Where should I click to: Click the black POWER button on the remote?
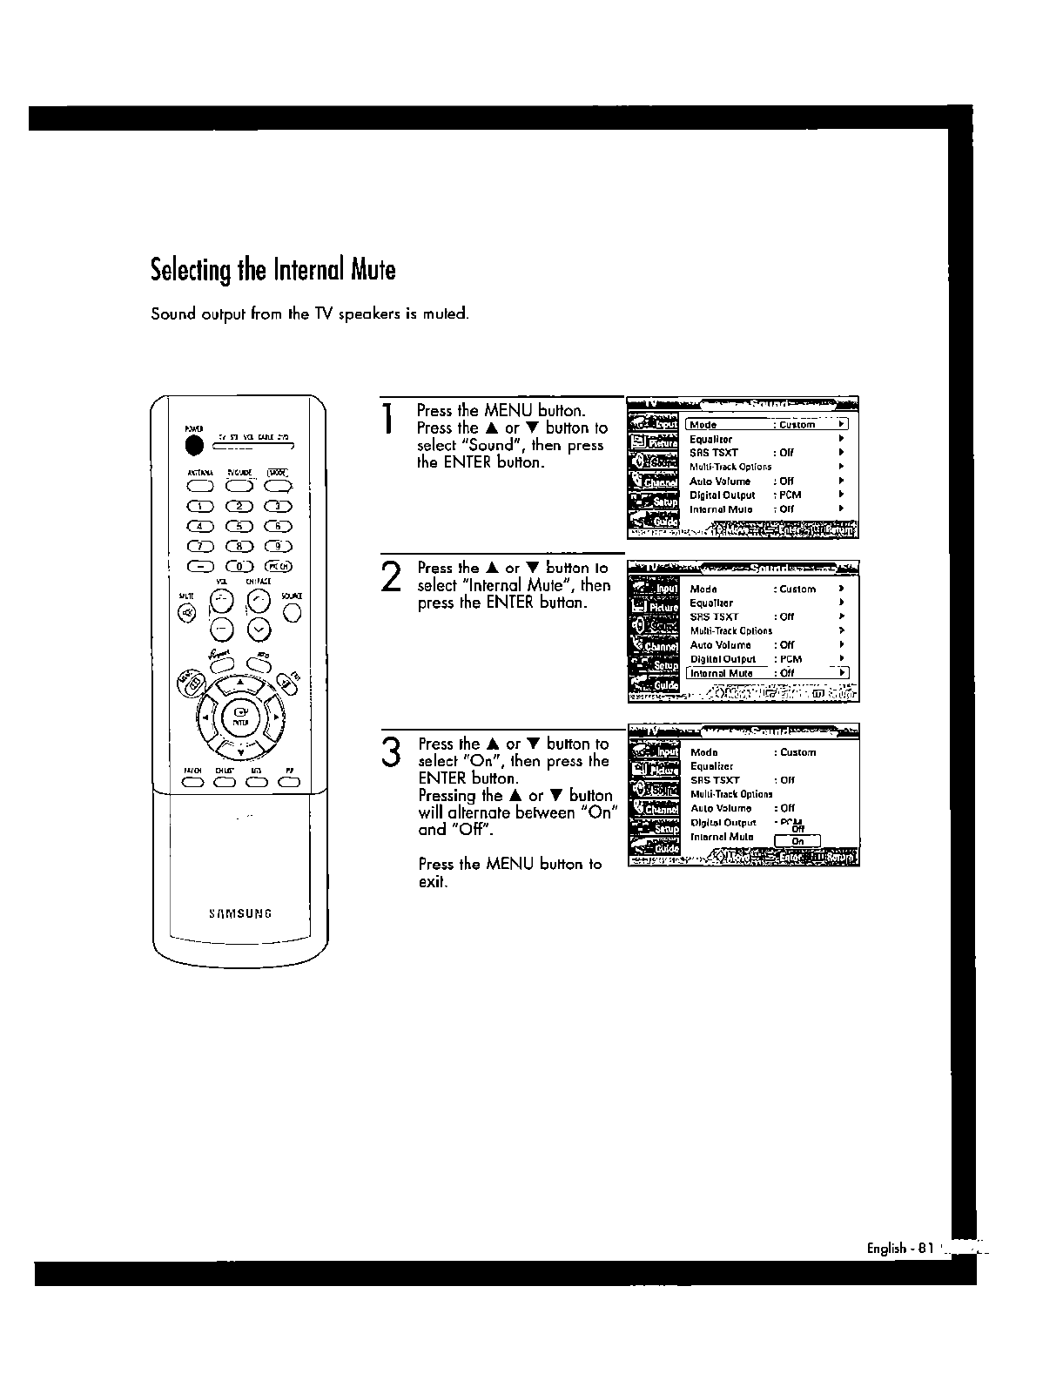point(195,446)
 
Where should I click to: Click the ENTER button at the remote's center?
point(240,716)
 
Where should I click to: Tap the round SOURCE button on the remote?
point(293,613)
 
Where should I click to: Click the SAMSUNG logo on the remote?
point(240,913)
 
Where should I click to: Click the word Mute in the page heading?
point(373,270)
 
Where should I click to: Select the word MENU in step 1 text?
point(508,410)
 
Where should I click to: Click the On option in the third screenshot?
point(797,841)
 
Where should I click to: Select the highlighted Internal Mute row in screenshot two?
point(766,673)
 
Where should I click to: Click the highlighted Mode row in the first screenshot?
point(766,425)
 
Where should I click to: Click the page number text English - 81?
point(899,1248)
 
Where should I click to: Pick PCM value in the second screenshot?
point(791,659)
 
